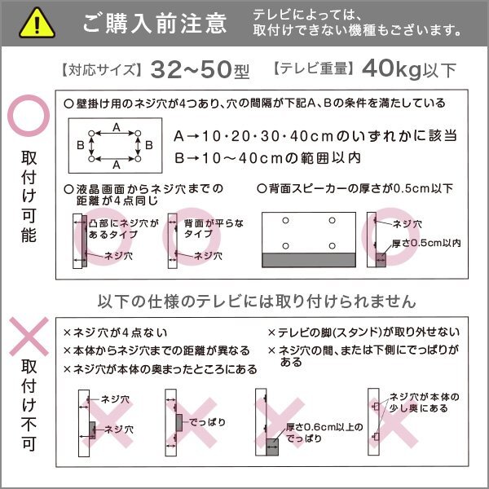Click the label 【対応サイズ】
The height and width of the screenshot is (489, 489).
tap(100, 71)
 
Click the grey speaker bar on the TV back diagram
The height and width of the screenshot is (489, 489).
tap(308, 260)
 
